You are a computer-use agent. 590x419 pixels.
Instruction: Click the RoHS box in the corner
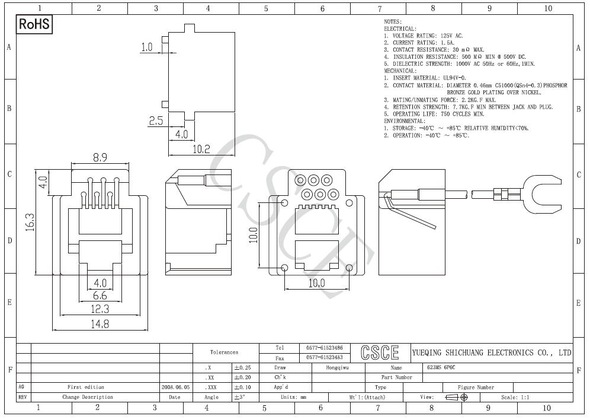pyautogui.click(x=35, y=24)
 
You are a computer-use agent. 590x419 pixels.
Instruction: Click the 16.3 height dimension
pyautogui.click(x=30, y=223)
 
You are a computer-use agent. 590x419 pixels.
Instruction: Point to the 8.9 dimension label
pyautogui.click(x=100, y=157)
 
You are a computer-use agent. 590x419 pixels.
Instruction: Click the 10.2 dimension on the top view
pyautogui.click(x=201, y=149)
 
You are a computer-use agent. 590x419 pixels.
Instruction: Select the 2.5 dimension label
pyautogui.click(x=156, y=120)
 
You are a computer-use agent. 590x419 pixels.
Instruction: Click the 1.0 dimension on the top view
pyautogui.click(x=147, y=47)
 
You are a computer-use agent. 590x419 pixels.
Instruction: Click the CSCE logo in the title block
pyautogui.click(x=380, y=353)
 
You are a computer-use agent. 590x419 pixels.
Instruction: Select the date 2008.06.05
pyautogui.click(x=175, y=387)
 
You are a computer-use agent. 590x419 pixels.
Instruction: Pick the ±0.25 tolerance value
pyautogui.click(x=242, y=368)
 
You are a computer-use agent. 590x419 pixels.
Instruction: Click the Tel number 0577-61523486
pyautogui.click(x=325, y=348)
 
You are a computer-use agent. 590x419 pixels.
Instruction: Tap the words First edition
pyautogui.click(x=86, y=387)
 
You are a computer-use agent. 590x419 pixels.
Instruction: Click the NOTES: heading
pyautogui.click(x=393, y=21)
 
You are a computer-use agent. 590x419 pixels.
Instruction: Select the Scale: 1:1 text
pyautogui.click(x=515, y=397)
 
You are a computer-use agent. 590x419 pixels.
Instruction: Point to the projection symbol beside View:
pyautogui.click(x=457, y=397)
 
